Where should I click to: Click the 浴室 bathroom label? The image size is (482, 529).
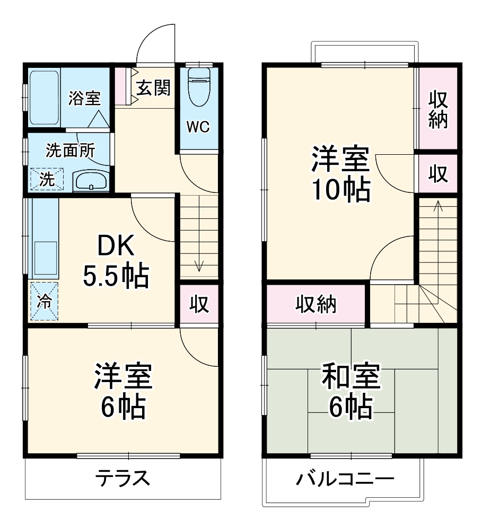pos(84,98)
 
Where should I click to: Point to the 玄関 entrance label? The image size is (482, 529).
pos(154,88)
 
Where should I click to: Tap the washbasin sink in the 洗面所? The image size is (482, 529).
pos(91,181)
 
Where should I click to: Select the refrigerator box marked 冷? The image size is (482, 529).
pos(45,302)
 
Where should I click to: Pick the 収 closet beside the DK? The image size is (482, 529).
pos(199,305)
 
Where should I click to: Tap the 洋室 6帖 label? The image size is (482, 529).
pos(124,391)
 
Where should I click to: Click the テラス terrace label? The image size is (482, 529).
pos(122,479)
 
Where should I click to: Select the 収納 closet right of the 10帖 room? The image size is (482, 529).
pos(438,109)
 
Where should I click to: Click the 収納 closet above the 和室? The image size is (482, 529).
pos(316,305)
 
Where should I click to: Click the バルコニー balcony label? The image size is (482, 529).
pos(345,480)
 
